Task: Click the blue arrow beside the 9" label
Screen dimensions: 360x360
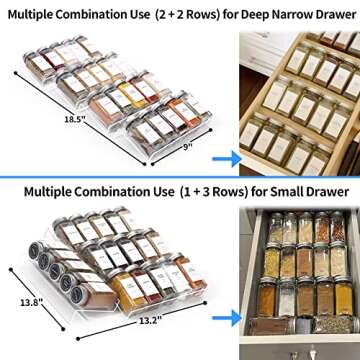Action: pyautogui.click(x=225, y=157)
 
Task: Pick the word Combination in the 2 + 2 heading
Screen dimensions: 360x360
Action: pyautogui.click(x=104, y=13)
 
